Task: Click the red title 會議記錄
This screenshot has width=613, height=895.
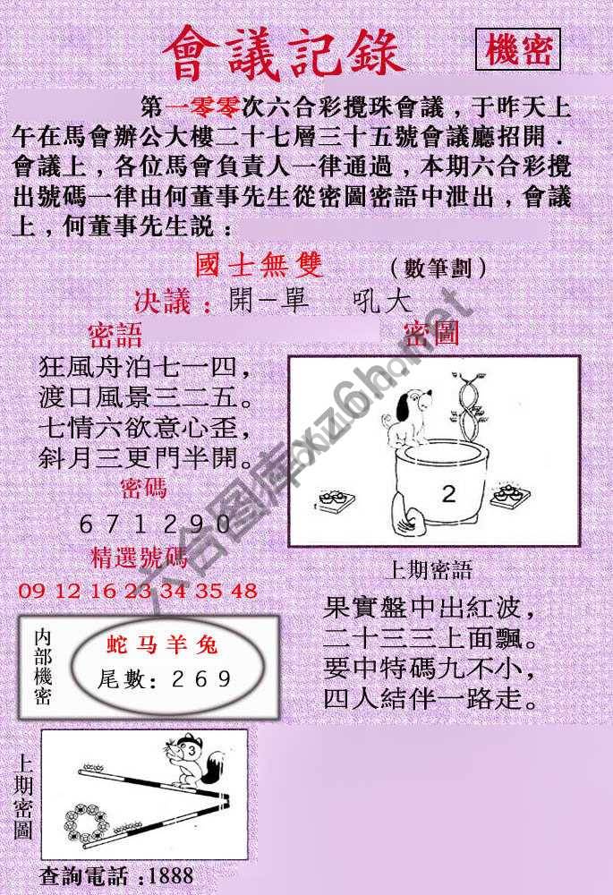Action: coord(284,52)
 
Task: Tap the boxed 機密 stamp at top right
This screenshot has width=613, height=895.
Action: coord(517,50)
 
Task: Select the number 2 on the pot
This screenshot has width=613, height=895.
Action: coord(449,493)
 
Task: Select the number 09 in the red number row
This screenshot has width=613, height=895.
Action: coord(30,592)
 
